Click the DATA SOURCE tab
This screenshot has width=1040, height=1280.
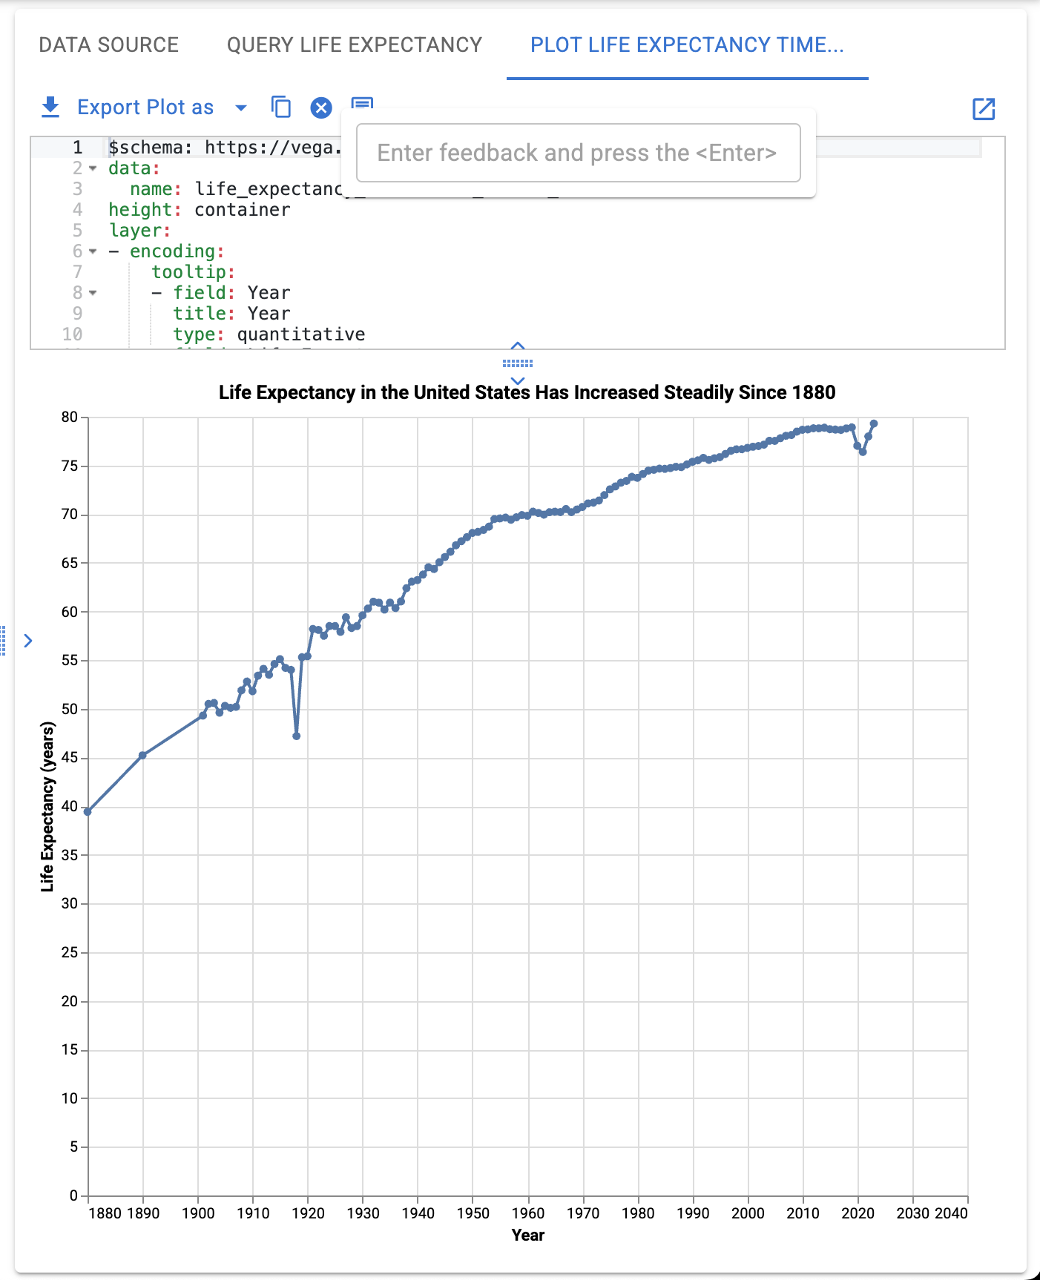coord(108,45)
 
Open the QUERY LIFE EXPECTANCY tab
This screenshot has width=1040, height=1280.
coord(354,45)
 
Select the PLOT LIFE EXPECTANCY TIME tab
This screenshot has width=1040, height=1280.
coord(686,45)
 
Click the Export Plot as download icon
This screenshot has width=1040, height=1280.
coord(50,108)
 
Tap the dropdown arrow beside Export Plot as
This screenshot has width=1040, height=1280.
coord(240,108)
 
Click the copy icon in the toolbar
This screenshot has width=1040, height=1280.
coord(281,108)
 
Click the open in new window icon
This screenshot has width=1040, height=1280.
coord(983,109)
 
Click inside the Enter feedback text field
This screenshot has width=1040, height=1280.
coord(577,153)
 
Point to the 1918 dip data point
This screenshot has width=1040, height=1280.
coord(297,736)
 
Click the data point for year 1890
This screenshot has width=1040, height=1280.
coord(142,756)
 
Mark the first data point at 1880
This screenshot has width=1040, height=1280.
coord(88,812)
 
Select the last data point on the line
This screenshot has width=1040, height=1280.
coord(874,423)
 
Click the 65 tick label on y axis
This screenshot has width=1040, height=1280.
coord(70,563)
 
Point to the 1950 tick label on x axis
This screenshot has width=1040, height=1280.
coord(473,1213)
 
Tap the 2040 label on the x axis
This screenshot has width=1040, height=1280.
coord(951,1213)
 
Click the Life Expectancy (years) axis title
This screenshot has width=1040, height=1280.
coord(48,806)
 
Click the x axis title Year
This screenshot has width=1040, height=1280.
coord(527,1236)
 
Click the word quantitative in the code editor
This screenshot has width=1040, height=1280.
coord(300,334)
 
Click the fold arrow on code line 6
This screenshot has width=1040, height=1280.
coord(93,251)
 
